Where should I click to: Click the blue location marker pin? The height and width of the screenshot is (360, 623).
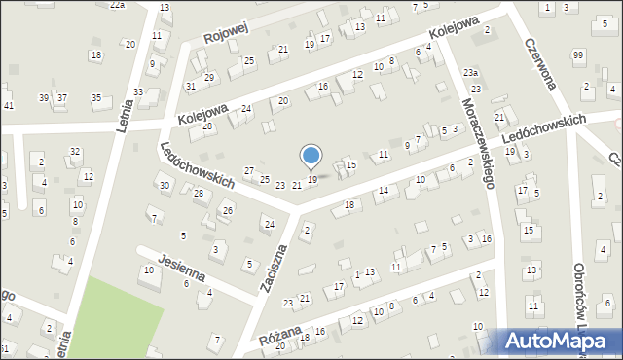311,157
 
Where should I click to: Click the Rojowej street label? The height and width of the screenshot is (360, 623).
226,33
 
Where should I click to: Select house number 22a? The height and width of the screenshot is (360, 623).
117,5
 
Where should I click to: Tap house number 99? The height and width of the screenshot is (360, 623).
579,55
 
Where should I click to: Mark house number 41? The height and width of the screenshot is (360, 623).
8,105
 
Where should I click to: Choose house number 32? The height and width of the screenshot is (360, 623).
75,151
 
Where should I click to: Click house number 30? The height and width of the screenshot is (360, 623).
165,185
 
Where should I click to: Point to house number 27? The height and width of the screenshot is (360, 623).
249,170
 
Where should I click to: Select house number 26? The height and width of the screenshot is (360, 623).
228,210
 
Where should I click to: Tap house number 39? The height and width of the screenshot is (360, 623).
44,97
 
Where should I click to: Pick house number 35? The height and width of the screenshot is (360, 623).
96,97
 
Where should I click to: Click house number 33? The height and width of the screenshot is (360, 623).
139,91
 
